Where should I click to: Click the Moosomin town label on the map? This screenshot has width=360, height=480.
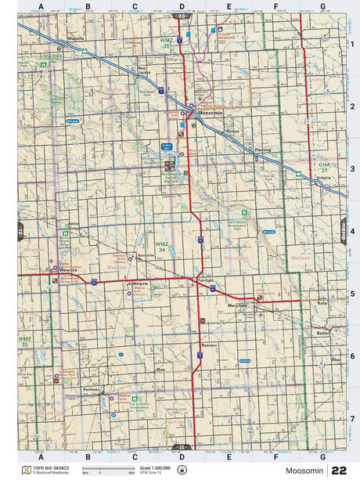point(211,114)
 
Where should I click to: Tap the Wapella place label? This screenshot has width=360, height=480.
point(75,37)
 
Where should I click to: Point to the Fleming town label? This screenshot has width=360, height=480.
point(262,150)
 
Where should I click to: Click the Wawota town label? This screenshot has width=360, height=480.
point(68,270)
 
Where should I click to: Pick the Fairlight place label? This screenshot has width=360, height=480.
point(207,280)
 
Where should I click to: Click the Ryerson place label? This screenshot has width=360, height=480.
point(209,345)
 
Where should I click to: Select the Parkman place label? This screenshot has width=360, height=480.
point(92,388)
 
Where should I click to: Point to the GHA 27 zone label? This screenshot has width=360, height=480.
point(325,167)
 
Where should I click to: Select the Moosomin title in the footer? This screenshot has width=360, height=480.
point(301,471)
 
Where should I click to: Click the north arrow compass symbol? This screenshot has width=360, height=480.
point(183,470)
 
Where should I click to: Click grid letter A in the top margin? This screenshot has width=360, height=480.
point(40,6)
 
